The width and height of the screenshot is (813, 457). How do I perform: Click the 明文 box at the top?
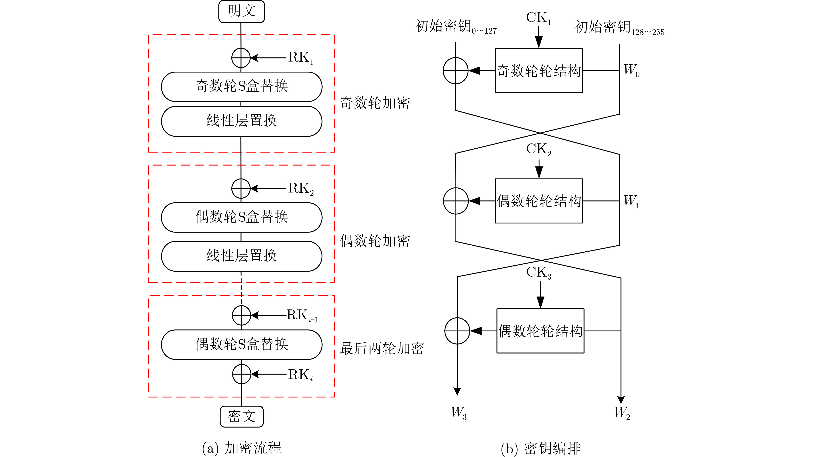[x=242, y=12]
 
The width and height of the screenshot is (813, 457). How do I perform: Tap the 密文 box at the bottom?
[x=242, y=416]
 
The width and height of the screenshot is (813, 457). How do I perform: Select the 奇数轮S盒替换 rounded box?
[x=242, y=86]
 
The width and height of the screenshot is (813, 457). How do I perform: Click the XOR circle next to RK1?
[x=241, y=58]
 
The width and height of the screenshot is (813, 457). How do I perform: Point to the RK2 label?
[x=300, y=189]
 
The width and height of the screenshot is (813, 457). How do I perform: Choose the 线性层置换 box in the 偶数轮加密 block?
[x=242, y=256]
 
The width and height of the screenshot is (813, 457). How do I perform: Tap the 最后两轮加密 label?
[x=382, y=348]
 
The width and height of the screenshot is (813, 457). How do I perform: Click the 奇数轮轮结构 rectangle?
[x=538, y=71]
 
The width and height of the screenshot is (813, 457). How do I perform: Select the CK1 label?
[x=538, y=18]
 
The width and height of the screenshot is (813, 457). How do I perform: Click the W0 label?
[x=631, y=70]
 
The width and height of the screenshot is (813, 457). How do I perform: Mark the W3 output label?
[x=459, y=412]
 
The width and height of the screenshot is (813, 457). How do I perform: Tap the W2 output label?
[x=622, y=412]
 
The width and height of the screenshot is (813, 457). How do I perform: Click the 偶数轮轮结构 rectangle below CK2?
[x=539, y=201]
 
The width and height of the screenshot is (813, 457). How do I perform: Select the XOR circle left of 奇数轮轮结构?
[x=455, y=71]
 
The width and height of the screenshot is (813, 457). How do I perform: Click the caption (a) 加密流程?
[x=242, y=448]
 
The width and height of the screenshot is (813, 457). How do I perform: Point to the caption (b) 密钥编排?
[x=540, y=448]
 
